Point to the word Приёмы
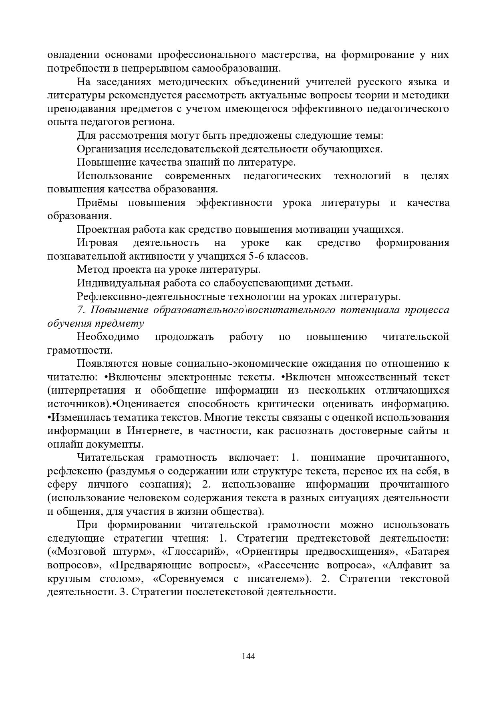point(97,203)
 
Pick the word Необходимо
point(108,337)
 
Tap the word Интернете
point(153,431)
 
